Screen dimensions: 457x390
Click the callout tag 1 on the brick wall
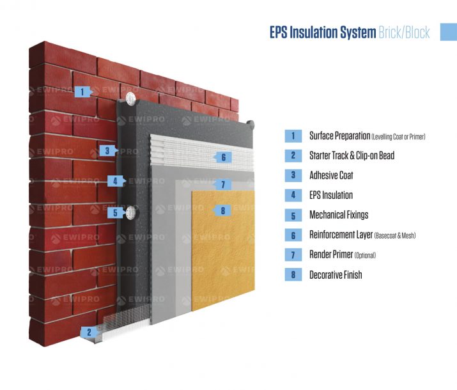pyautogui.click(x=83, y=92)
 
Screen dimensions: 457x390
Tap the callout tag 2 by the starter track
pyautogui.click(x=89, y=332)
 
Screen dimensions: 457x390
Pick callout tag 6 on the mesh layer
pyautogui.click(x=223, y=157)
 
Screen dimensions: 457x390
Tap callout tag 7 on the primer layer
pyautogui.click(x=222, y=185)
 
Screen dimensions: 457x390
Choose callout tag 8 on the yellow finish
pyautogui.click(x=222, y=211)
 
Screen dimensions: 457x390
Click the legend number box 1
pyautogui.click(x=293, y=136)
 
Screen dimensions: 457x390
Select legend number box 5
pyautogui.click(x=293, y=215)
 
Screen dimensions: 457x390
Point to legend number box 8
pyautogui.click(x=293, y=275)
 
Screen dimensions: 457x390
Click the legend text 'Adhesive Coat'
pyautogui.click(x=331, y=175)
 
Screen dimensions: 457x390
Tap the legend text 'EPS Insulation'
pyautogui.click(x=331, y=195)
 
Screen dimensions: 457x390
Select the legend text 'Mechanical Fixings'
pyautogui.click(x=339, y=215)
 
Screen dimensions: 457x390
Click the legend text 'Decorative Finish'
pyautogui.click(x=336, y=275)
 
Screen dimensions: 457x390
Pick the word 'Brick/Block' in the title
pyautogui.click(x=404, y=33)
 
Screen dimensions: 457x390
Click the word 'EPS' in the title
pyautogui.click(x=279, y=33)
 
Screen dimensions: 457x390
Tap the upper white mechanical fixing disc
pyautogui.click(x=131, y=99)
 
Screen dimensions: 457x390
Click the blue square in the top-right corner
pyautogui.click(x=449, y=32)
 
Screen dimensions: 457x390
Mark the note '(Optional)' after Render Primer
pyautogui.click(x=365, y=256)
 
